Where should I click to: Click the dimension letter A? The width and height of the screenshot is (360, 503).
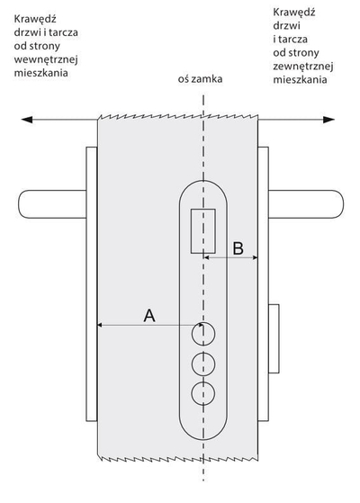[149, 315]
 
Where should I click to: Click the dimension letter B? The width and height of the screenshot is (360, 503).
[238, 248]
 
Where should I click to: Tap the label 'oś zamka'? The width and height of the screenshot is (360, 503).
[200, 79]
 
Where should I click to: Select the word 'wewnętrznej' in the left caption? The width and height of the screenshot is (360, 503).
[46, 59]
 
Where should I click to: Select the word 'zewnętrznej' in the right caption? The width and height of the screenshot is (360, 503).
[303, 66]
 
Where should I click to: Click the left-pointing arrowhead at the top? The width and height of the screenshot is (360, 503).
[27, 120]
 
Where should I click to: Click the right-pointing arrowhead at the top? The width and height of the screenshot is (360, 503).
[328, 120]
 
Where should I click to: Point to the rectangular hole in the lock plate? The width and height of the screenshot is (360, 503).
[203, 231]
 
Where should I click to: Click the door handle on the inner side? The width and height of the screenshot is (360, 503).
[52, 204]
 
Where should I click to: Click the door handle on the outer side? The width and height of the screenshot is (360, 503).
[306, 204]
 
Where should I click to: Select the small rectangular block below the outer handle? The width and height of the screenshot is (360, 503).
[274, 338]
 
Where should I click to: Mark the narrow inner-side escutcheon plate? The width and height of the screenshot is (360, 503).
[92, 284]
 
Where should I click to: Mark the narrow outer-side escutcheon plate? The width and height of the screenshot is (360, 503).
[263, 284]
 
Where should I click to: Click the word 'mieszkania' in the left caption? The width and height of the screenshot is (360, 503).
[41, 73]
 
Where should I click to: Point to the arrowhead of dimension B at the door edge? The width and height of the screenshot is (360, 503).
[255, 257]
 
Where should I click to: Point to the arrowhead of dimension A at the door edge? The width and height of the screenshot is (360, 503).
[100, 325]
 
